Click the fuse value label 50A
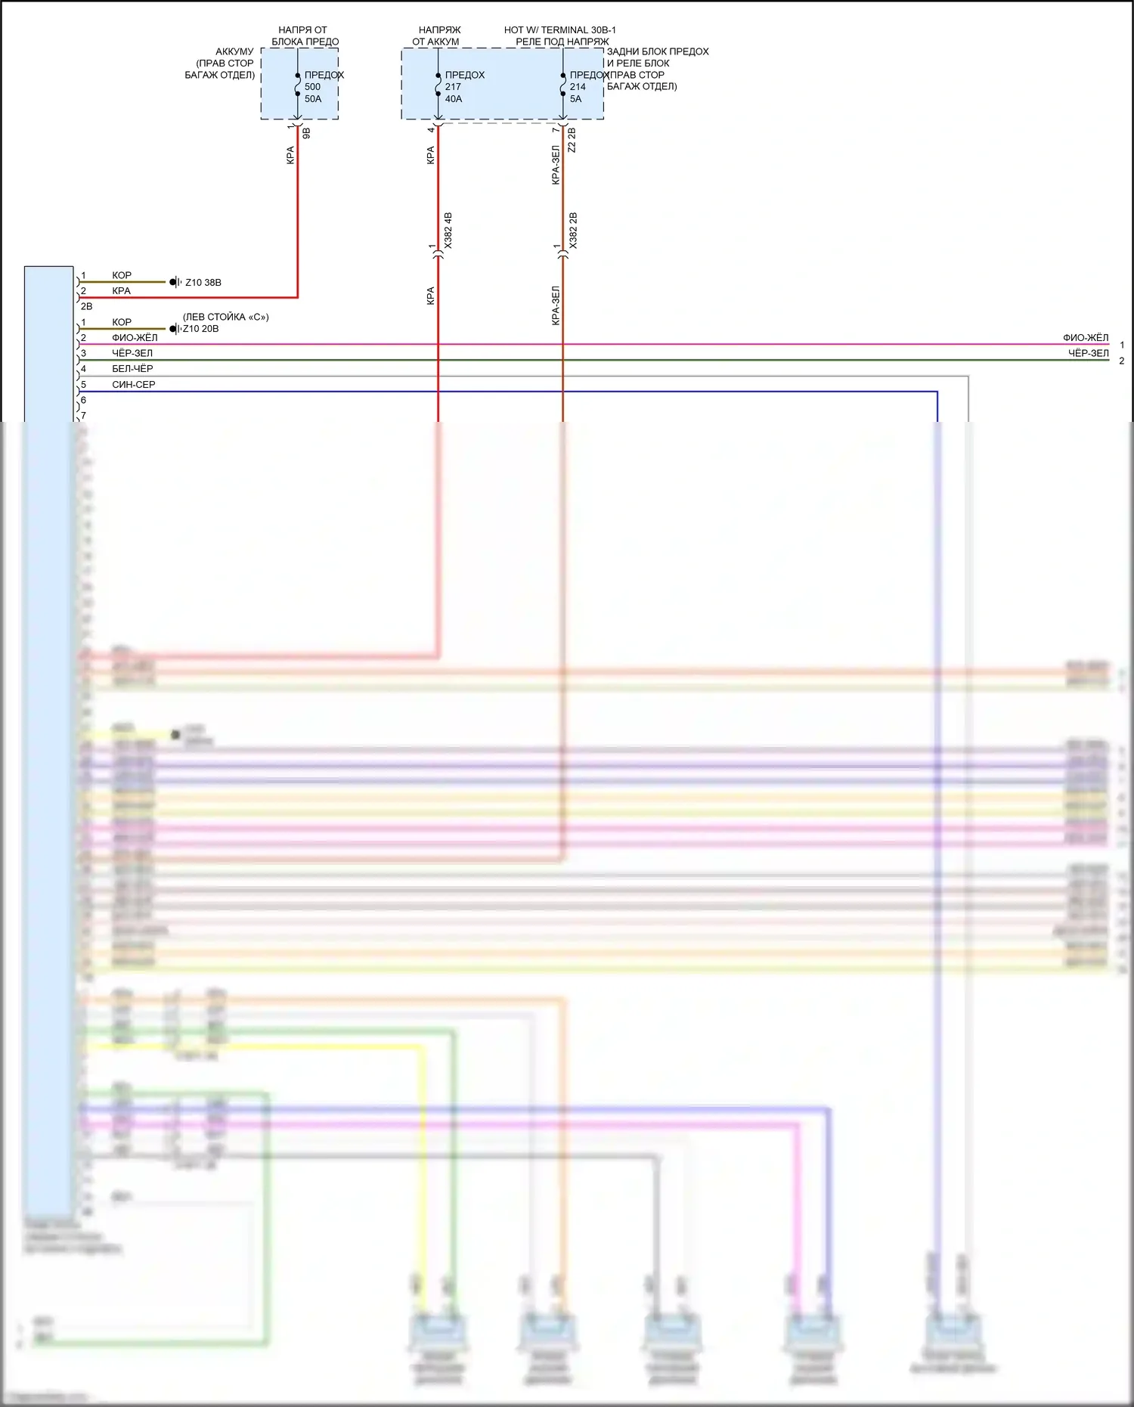313,99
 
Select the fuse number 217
453,87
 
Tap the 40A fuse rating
454,99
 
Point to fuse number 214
578,87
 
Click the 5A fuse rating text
576,99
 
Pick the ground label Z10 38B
203,283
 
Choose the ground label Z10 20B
201,329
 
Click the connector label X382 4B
448,231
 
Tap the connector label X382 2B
573,231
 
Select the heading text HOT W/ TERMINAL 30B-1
560,30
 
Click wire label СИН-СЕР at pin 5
134,385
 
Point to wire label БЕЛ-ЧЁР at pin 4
132,369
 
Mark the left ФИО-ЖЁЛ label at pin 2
135,338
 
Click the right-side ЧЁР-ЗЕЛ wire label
1088,353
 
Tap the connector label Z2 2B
572,140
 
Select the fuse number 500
312,87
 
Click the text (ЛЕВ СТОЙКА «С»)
225,317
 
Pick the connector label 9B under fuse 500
306,133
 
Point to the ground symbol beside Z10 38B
175,282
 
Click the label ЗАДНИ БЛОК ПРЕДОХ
658,51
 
